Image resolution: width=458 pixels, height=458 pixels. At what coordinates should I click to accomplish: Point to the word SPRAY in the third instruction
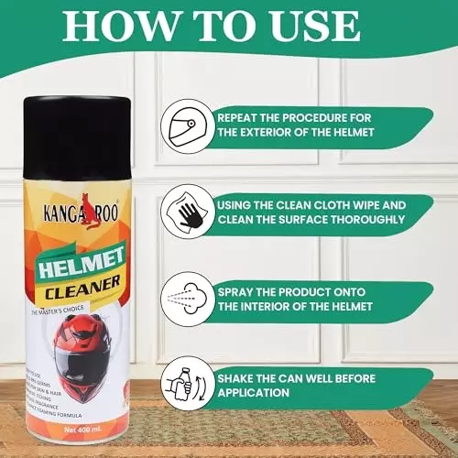click(x=238, y=290)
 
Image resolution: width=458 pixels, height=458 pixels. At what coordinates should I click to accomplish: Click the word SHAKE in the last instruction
click(x=238, y=376)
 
